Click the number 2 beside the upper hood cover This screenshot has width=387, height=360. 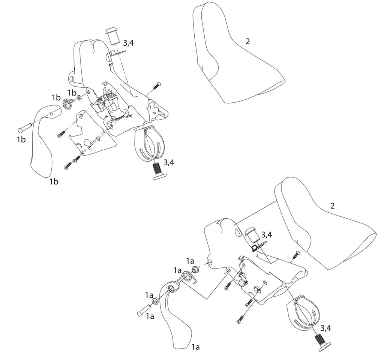point(247,41)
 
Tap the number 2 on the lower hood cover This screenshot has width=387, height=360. point(333,205)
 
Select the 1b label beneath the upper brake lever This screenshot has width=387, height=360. point(54,181)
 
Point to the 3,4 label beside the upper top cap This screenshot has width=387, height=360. point(128,43)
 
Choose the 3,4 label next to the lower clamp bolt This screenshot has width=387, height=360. point(325,328)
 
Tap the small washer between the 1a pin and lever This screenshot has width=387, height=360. point(156,301)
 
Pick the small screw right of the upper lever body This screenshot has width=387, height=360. point(157,85)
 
